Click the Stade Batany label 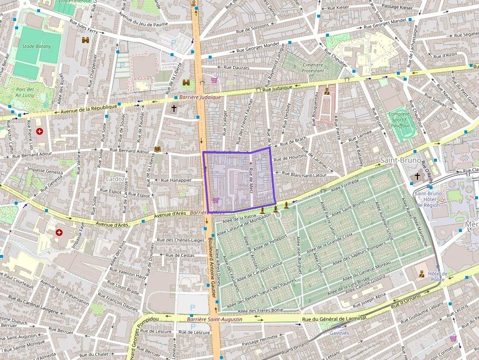(x=37, y=46)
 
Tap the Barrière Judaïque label (x=200, y=98)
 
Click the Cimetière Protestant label (x=313, y=68)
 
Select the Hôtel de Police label (x=437, y=276)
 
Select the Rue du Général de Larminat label (x=334, y=318)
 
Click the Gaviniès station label (x=339, y=333)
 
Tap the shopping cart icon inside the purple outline (x=216, y=201)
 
